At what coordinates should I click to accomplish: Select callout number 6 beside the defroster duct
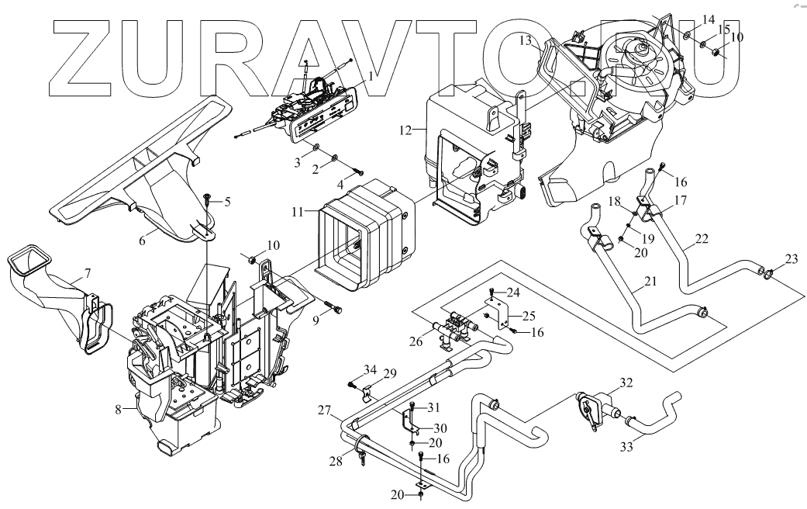[142, 241]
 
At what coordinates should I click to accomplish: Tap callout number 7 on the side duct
[87, 272]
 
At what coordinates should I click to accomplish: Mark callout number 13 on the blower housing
[526, 40]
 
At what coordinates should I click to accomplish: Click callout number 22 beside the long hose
[701, 239]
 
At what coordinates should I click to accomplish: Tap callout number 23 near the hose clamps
[790, 258]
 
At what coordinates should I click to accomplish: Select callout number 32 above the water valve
[626, 382]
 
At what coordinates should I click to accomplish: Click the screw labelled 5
[209, 199]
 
